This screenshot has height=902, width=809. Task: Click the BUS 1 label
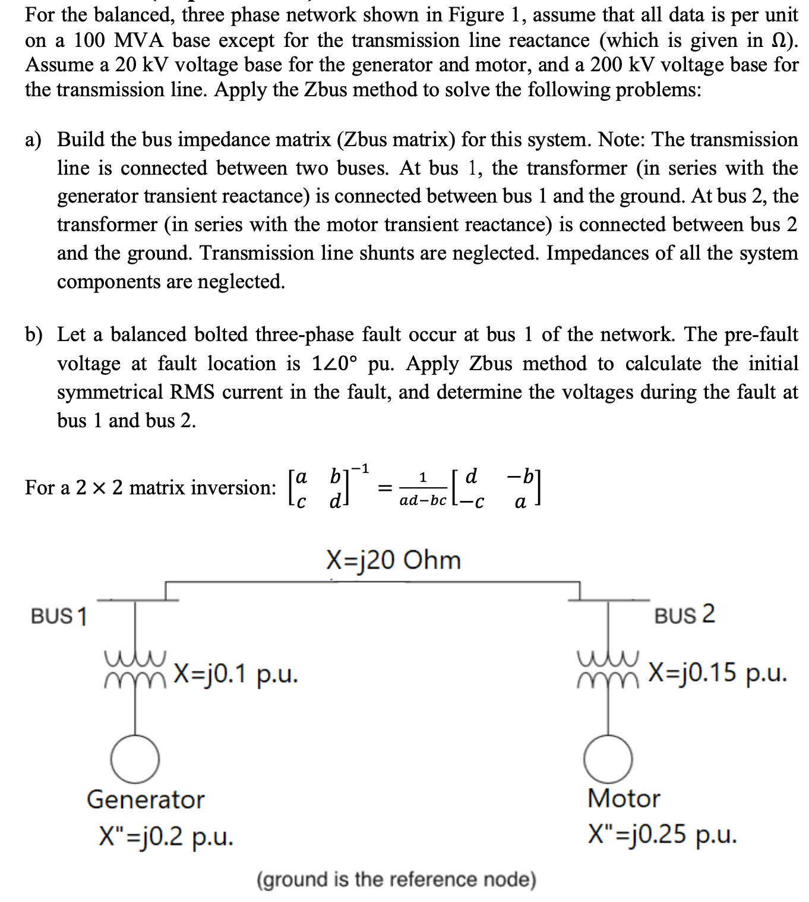59,616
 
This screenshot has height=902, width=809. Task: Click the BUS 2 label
684,614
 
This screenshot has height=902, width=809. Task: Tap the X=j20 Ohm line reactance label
393,560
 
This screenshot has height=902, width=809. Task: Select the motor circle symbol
608,759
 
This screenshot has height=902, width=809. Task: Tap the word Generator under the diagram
146,799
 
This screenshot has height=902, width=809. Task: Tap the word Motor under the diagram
624,798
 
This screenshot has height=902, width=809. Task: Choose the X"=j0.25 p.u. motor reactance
662,834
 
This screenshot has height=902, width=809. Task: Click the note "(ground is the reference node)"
396,879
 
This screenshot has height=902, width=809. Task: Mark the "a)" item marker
34,140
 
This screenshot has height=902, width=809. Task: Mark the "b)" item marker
34,335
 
